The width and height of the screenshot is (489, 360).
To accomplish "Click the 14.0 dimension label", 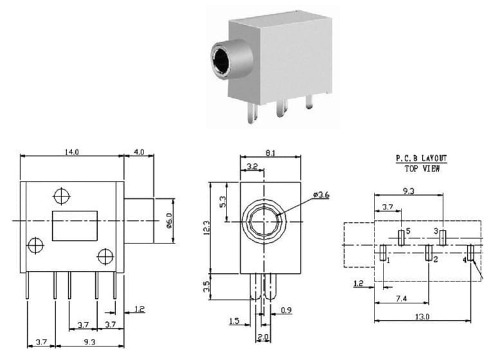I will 71,152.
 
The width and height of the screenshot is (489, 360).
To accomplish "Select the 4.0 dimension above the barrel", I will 139,152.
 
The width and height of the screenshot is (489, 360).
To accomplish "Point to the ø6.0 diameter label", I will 169,221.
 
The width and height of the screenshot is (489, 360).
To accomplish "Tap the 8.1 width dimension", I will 270,153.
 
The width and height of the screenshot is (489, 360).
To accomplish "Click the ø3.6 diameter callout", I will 321,194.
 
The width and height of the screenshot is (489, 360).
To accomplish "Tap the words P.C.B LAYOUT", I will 421,158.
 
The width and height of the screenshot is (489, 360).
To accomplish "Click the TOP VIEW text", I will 422,168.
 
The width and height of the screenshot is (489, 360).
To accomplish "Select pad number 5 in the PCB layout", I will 401,237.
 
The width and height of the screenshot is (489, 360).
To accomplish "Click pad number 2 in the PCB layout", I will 429,252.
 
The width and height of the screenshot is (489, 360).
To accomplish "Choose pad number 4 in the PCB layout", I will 471,252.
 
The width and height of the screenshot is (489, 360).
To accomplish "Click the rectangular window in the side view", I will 75,225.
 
